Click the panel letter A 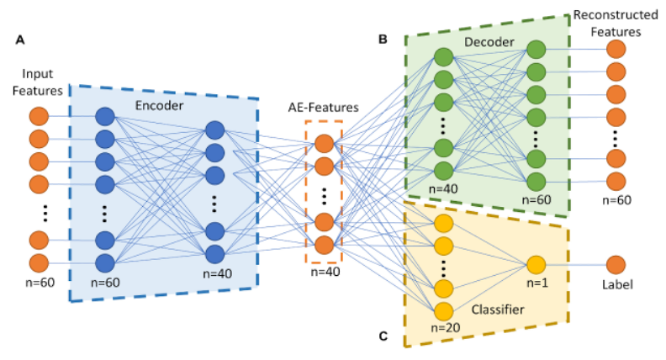click(18, 39)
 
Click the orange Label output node click(616, 264)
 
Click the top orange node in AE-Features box click(325, 143)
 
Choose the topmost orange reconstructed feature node click(616, 50)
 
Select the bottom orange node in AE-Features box click(325, 243)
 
